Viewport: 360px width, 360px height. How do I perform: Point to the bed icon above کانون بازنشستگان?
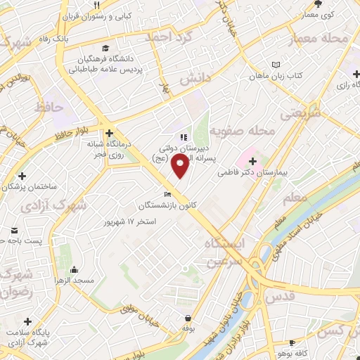pyautogui.click(x=167, y=194)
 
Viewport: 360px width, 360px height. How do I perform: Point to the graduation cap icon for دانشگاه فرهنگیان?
pyautogui.click(x=105, y=49)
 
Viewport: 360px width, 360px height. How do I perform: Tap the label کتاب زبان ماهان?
pyautogui.click(x=287, y=75)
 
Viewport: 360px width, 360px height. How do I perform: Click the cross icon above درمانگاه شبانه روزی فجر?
pyautogui.click(x=108, y=131)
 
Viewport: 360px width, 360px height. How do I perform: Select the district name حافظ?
pyautogui.click(x=49, y=107)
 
